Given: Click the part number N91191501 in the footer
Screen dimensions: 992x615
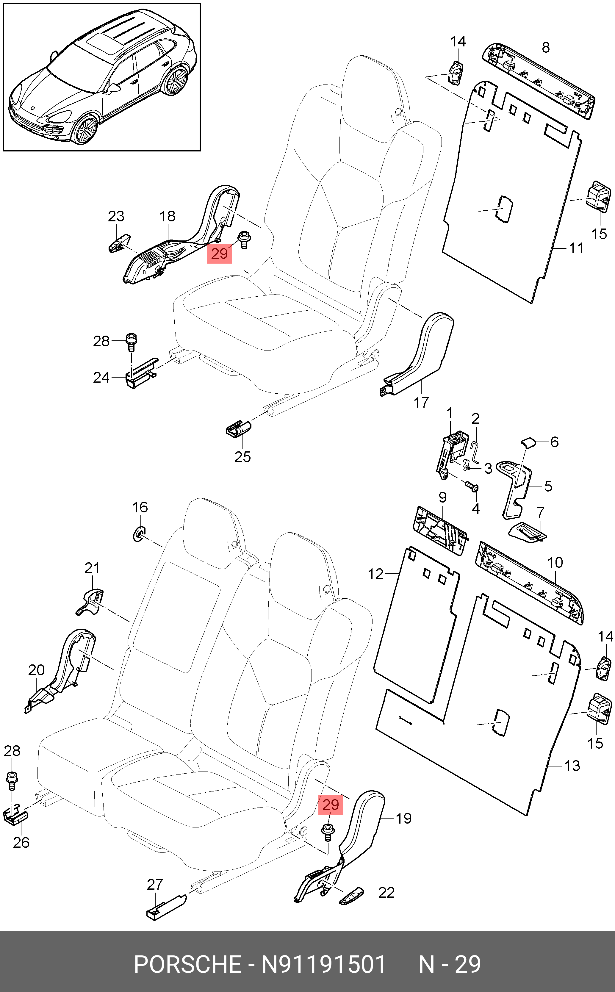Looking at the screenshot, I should [x=323, y=964].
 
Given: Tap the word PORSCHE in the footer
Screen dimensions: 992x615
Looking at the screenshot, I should [x=188, y=964].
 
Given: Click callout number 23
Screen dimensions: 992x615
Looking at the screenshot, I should [x=116, y=216].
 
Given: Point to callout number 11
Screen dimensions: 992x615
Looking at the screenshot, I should [x=576, y=248].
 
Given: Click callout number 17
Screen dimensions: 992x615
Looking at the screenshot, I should [x=421, y=402].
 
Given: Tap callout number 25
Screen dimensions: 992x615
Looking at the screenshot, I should [x=242, y=456].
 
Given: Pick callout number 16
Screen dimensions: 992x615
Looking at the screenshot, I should [x=140, y=507].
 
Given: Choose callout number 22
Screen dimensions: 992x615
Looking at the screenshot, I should [x=386, y=892].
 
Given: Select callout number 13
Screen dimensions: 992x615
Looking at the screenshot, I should [x=572, y=766].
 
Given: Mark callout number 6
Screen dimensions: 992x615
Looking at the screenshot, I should [x=554, y=442].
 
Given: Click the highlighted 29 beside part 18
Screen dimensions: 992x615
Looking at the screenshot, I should [x=220, y=254].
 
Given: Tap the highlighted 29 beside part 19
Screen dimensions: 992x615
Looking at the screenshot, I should [x=331, y=805].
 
